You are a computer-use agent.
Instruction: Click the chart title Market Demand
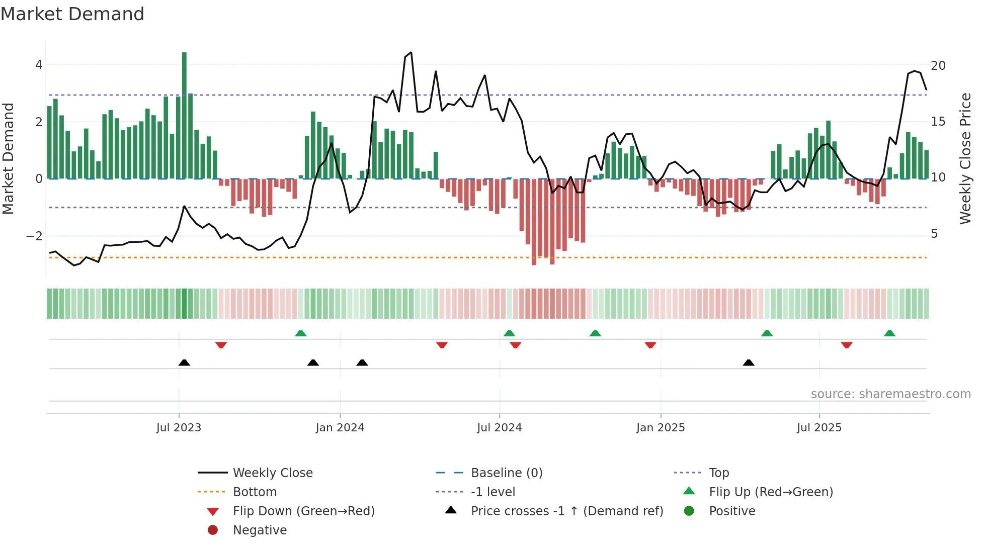72,14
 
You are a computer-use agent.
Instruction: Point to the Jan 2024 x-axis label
340,428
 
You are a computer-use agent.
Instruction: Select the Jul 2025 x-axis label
819,428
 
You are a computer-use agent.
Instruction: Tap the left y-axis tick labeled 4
39,65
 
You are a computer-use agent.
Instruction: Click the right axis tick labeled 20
938,66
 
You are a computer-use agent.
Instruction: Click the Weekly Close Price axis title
965,158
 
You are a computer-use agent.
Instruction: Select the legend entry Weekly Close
272,473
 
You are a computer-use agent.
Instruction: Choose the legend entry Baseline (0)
506,473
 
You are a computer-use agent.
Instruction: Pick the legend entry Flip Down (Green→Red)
303,511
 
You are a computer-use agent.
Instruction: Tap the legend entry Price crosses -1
566,511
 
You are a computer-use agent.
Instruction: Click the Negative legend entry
259,530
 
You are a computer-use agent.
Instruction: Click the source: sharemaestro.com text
890,394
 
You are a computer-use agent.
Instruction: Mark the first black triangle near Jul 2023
184,362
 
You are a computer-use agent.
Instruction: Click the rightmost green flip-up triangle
889,333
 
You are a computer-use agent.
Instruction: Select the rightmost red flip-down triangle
847,345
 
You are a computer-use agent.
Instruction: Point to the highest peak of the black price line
411,52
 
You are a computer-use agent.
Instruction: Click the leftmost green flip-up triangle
300,333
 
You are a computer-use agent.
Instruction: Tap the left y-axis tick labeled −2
34,236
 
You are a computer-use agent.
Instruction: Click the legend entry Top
718,473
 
